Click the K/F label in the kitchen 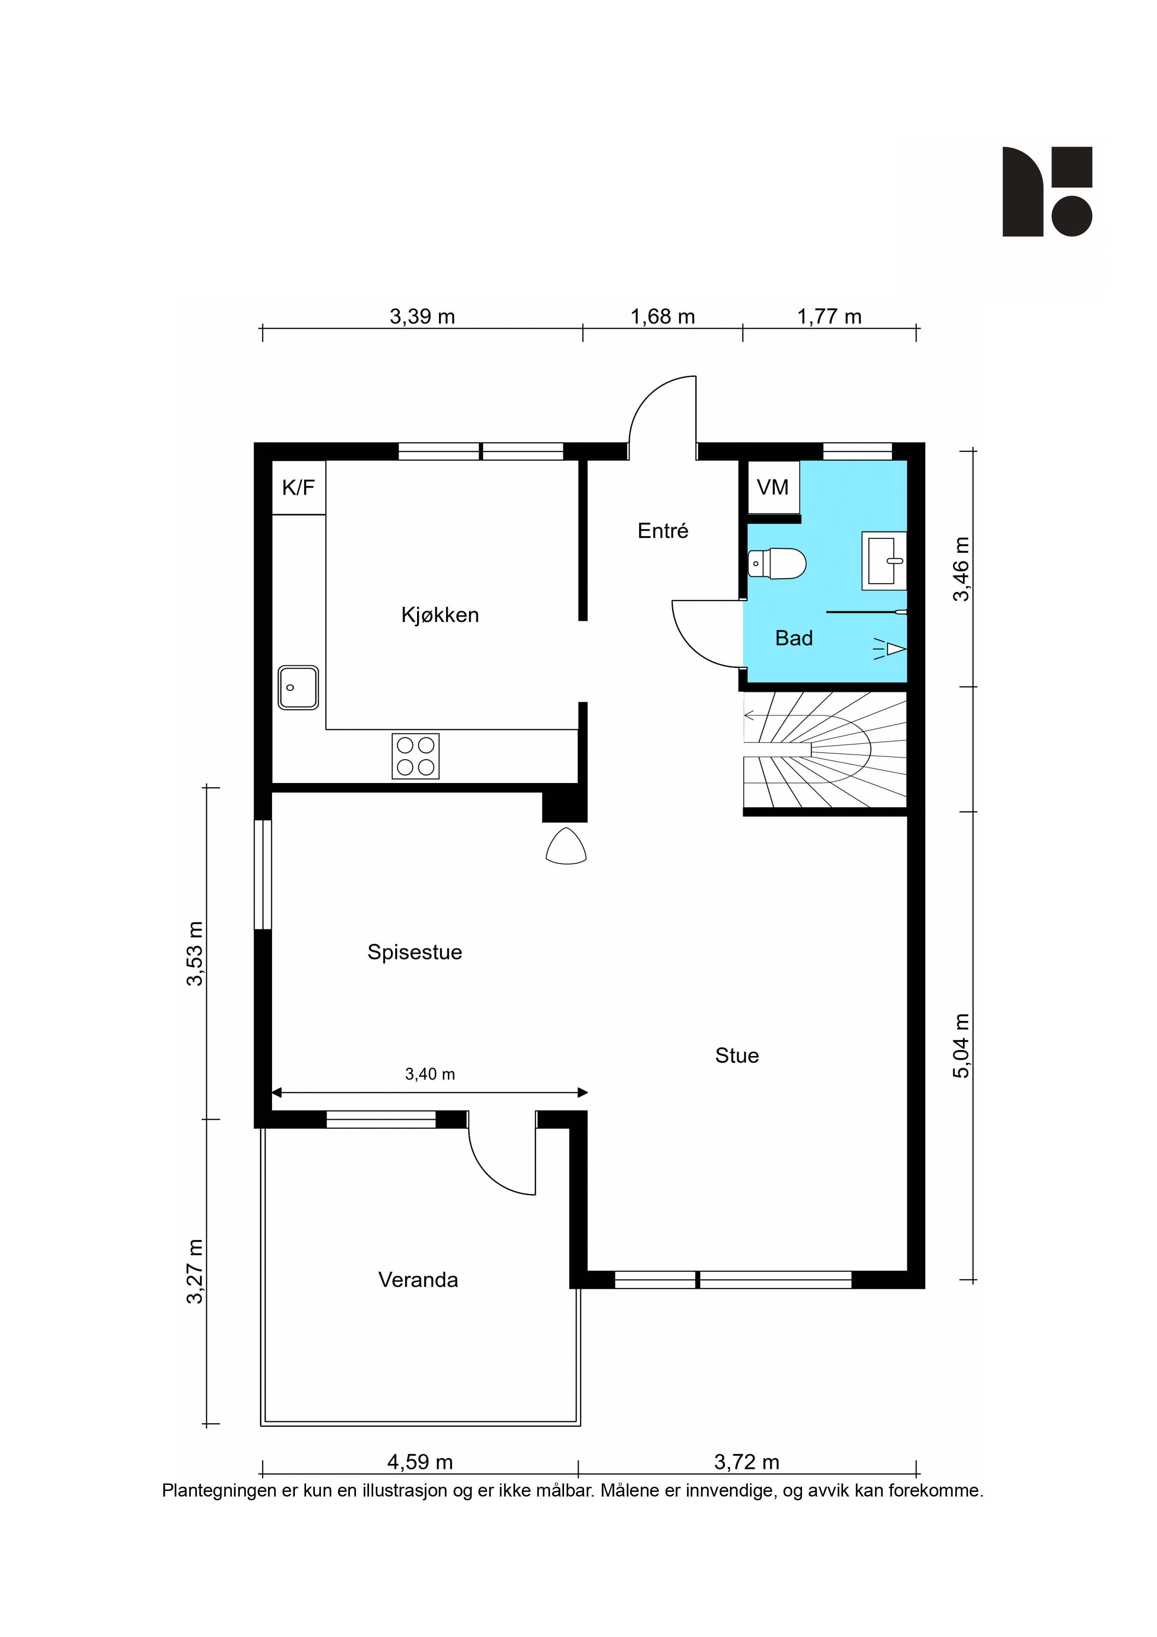(x=298, y=488)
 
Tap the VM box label (x=773, y=488)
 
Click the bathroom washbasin (x=884, y=560)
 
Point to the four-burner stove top (x=416, y=756)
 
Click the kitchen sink (x=298, y=687)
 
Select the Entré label (x=663, y=531)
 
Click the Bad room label (x=794, y=638)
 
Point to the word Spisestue (x=415, y=952)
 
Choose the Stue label (x=737, y=1056)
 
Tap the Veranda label (x=418, y=1280)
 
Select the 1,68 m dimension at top (x=663, y=316)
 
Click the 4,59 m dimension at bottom (x=420, y=1463)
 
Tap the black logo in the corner (x=1047, y=192)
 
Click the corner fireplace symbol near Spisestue (x=566, y=846)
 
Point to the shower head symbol (x=891, y=649)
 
